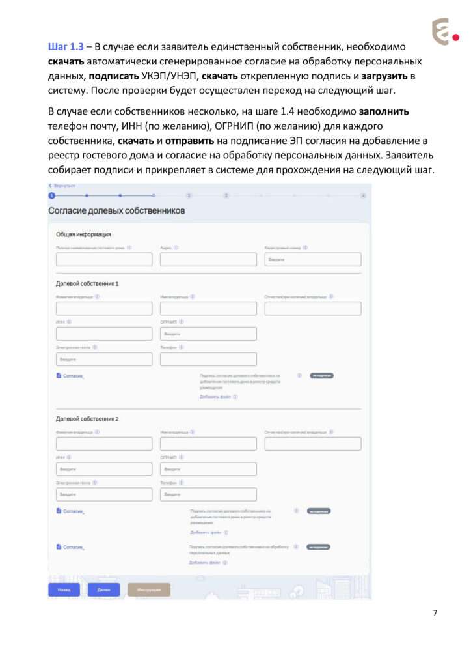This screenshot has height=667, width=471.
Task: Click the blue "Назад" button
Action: point(64,589)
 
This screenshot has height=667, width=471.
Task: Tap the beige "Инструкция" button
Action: point(149,589)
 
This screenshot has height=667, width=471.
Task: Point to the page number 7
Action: point(435,613)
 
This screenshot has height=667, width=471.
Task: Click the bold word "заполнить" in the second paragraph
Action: point(383,111)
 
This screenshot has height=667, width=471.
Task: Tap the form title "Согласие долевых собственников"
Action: point(116,211)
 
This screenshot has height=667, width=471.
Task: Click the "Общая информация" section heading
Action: point(83,234)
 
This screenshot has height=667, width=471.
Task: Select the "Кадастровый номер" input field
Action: point(312,259)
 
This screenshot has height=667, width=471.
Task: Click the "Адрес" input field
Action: point(208,259)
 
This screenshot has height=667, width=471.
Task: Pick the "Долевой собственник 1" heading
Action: point(87,283)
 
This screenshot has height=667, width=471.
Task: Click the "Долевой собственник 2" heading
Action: point(87,418)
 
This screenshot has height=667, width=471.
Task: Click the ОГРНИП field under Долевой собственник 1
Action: point(208,333)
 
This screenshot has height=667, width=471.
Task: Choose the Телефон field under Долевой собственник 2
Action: point(208,494)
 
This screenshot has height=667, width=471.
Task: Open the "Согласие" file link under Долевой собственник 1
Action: point(73,376)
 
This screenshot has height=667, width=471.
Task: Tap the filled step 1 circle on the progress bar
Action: point(51,195)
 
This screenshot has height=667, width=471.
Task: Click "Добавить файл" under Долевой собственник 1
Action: point(215,396)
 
